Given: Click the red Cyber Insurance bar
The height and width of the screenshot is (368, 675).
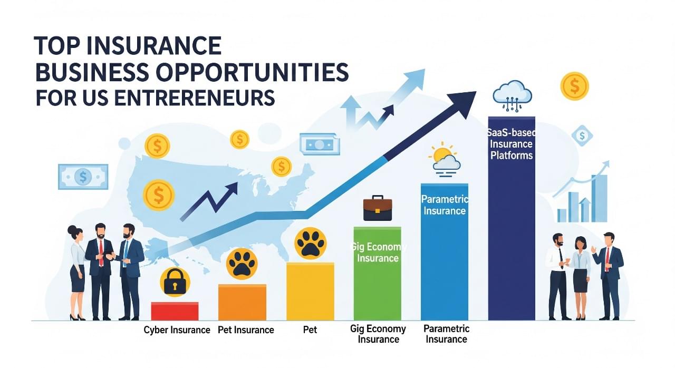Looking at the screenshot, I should click(x=175, y=311).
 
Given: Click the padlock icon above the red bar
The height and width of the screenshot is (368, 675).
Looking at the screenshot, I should click(x=175, y=282).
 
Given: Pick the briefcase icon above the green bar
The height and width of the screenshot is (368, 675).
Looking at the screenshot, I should click(x=378, y=208).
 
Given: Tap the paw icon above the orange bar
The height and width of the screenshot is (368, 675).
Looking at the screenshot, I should click(x=242, y=264).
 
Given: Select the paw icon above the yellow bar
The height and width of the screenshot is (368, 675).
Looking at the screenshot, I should click(x=311, y=243).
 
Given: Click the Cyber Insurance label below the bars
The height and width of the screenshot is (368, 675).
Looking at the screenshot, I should click(x=177, y=330).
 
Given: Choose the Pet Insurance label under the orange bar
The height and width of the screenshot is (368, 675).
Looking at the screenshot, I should click(x=246, y=330).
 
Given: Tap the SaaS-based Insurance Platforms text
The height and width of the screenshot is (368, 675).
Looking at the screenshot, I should click(x=512, y=144).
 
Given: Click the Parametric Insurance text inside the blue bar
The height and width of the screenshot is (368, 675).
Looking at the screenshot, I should click(x=445, y=205).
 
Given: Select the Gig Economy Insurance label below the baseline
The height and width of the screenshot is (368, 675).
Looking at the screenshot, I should click(x=378, y=334).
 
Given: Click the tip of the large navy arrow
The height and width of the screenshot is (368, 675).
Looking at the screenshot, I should click(x=472, y=95).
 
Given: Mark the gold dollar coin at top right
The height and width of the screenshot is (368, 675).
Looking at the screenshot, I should click(x=574, y=86).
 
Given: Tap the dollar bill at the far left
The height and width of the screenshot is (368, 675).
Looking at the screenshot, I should click(x=83, y=177).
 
